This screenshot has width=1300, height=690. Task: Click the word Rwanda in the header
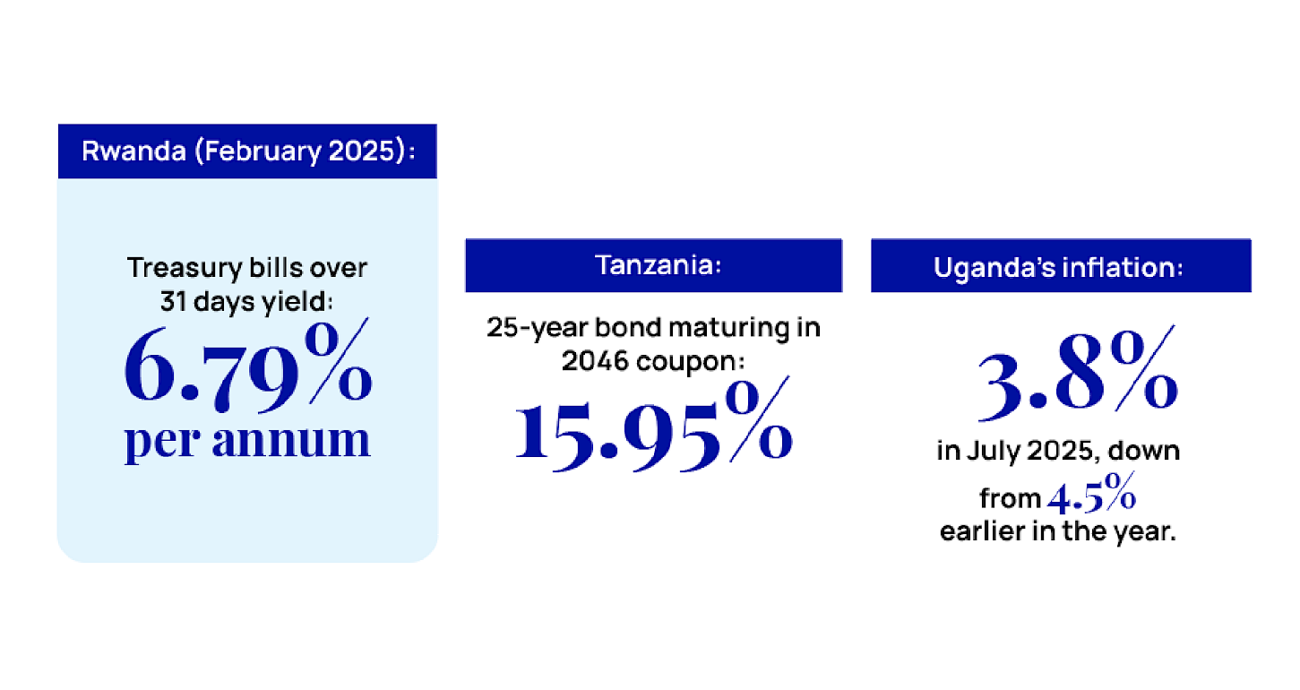(x=134, y=151)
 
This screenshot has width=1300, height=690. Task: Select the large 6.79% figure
(x=248, y=366)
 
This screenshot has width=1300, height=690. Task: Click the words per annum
(x=247, y=441)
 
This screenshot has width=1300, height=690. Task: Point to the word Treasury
(x=185, y=269)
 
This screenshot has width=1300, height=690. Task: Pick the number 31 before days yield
(x=173, y=302)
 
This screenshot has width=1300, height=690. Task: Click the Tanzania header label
(x=659, y=265)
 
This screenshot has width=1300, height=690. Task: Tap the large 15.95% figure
(x=653, y=425)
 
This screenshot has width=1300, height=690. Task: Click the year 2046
(x=595, y=361)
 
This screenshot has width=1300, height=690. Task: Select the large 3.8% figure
(x=1078, y=375)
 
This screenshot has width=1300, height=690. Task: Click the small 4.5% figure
(x=1091, y=494)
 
